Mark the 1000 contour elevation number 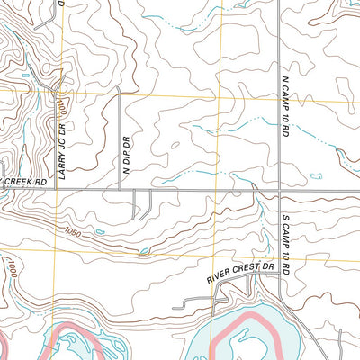(11, 269)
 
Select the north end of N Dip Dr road (121, 94)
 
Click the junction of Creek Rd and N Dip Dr (121, 189)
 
